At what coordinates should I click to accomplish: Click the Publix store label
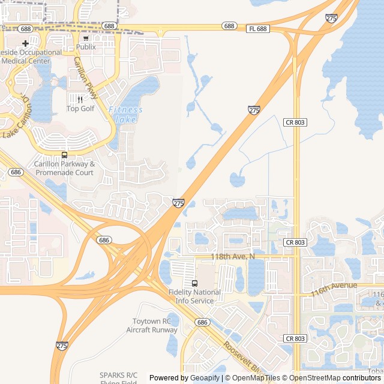(x=86, y=47)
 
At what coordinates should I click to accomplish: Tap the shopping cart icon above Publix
(x=86, y=38)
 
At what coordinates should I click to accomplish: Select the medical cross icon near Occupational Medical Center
(x=25, y=43)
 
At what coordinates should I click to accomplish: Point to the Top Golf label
(x=80, y=109)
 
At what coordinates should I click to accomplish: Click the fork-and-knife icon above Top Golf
(x=80, y=100)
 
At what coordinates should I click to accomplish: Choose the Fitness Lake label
(x=125, y=114)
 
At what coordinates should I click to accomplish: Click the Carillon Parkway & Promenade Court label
(x=64, y=168)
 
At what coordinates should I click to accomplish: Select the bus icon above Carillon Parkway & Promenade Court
(x=64, y=155)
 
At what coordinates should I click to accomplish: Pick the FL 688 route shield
(x=257, y=28)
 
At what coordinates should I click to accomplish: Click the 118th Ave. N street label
(x=233, y=256)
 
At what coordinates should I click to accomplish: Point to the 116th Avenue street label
(x=334, y=288)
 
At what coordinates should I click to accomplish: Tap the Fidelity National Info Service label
(x=194, y=296)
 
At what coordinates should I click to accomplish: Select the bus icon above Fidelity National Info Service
(x=194, y=283)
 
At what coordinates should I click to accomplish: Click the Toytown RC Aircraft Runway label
(x=152, y=325)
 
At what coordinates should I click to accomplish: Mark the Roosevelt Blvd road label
(x=243, y=358)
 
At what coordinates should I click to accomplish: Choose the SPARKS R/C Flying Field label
(x=118, y=379)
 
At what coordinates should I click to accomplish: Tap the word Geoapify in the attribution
(x=205, y=378)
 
